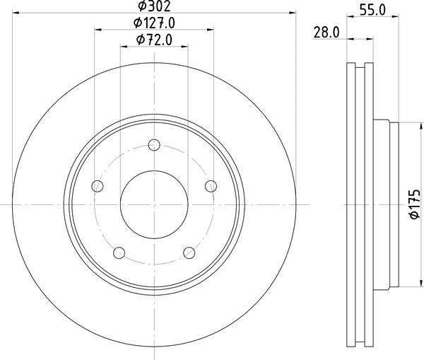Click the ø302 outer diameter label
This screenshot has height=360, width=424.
[x=154, y=6]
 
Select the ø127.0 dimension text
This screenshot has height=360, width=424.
[x=154, y=23]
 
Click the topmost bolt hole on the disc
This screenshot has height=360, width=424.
[x=154, y=146]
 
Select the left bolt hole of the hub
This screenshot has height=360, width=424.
[x=98, y=186]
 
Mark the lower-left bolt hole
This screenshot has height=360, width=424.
[x=119, y=252]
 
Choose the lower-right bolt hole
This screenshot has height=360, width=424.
[x=189, y=252]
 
